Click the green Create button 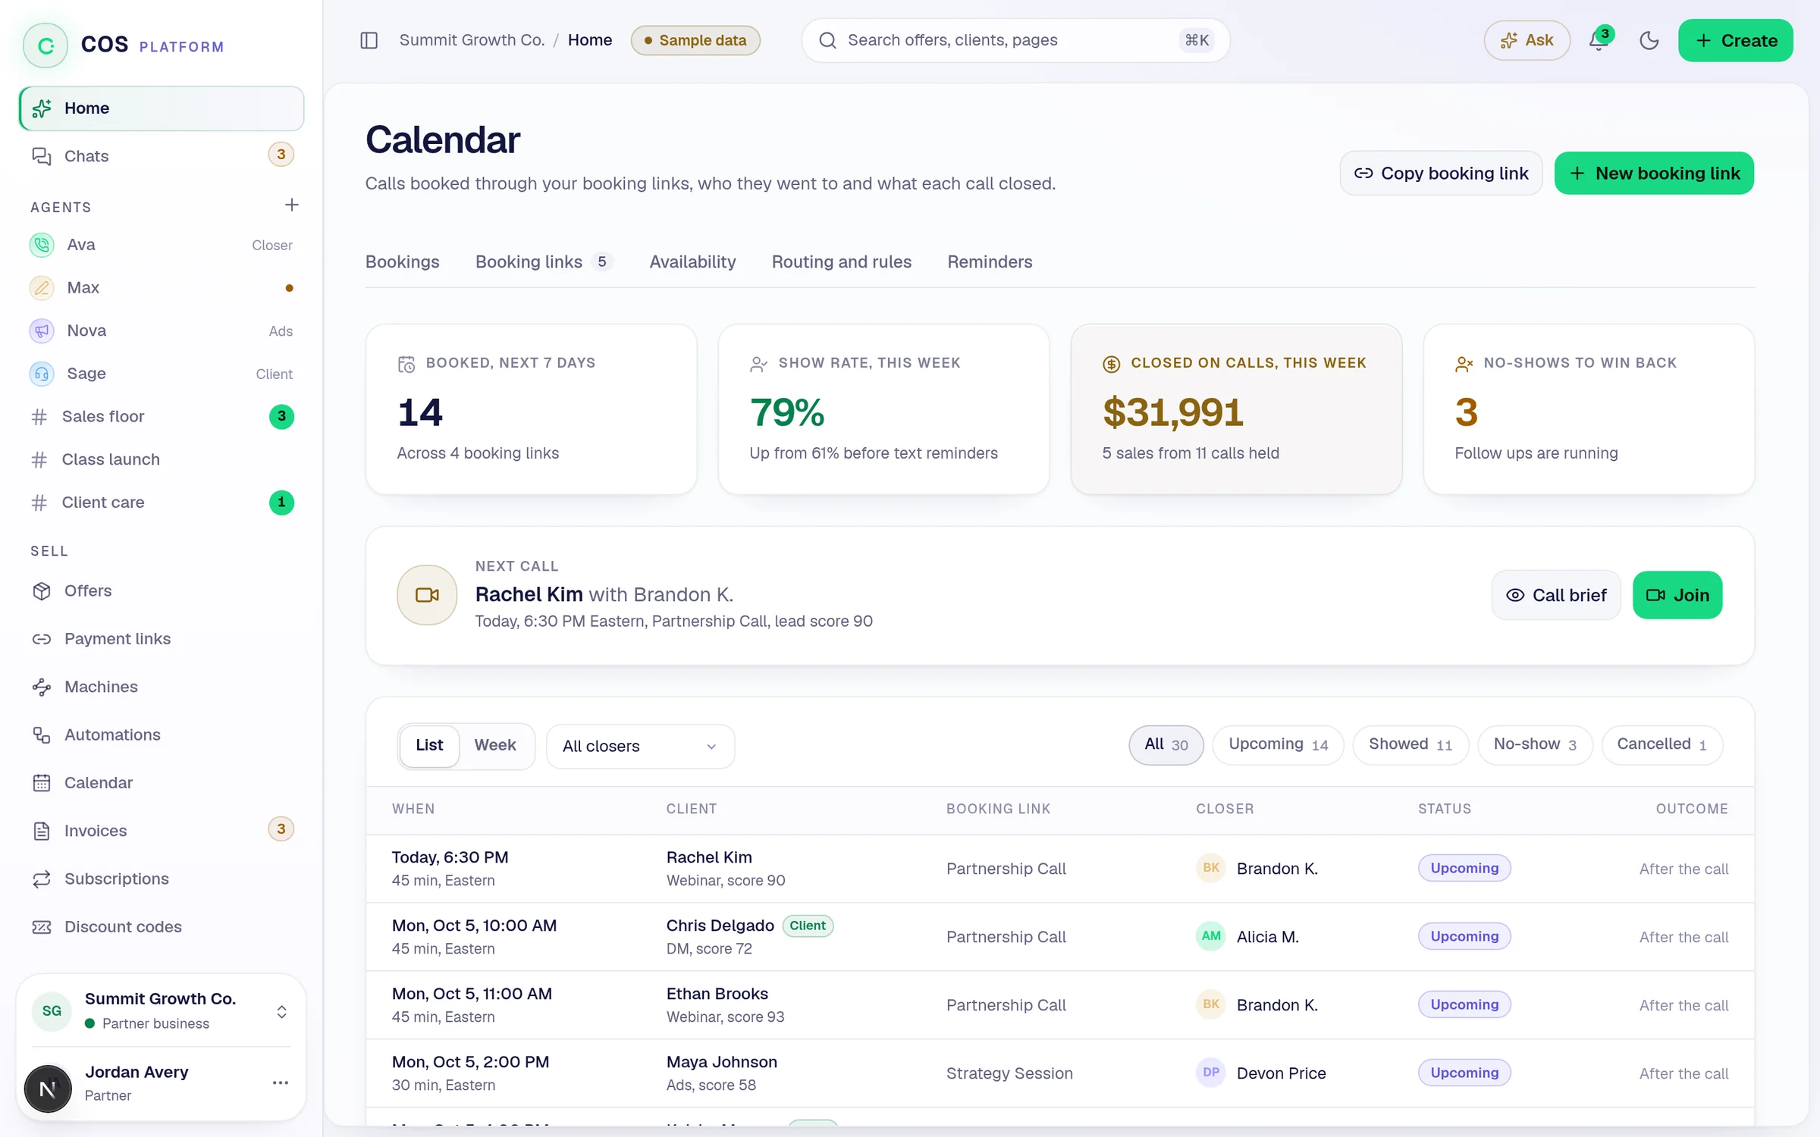1735,40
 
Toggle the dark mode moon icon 1649,40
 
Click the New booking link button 1654,173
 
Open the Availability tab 692,262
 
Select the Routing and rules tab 842,262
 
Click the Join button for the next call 1677,595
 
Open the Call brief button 1556,595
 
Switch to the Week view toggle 495,745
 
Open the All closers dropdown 640,746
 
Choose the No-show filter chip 1535,744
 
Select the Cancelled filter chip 1662,744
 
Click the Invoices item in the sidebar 95,830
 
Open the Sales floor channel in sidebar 102,416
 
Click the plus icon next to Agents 292,205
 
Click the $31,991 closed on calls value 1173,412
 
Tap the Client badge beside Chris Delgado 808,926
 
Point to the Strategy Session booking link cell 1009,1073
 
